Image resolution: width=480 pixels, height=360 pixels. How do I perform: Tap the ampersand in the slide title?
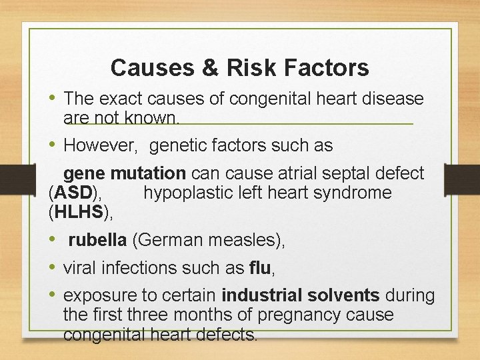click(209, 67)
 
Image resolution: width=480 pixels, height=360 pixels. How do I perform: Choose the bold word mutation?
click(148, 174)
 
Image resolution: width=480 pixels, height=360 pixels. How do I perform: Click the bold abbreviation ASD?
click(73, 193)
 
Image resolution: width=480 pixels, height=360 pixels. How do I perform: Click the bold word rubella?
click(98, 241)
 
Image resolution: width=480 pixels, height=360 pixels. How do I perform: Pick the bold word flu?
click(259, 269)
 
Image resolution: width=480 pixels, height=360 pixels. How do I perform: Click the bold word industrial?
click(265, 295)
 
